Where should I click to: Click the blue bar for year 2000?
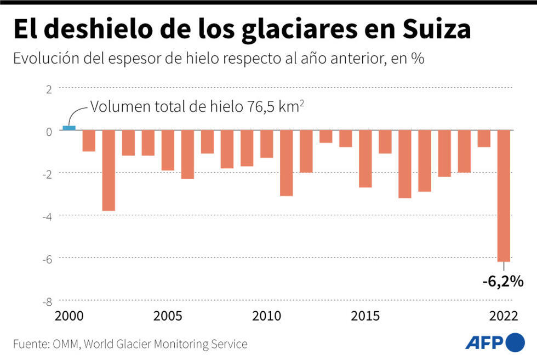click(69, 128)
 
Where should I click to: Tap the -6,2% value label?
click(502, 282)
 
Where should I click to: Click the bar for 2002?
click(108, 170)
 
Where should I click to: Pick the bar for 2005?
click(168, 150)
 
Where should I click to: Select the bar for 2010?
click(266, 144)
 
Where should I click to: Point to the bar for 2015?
click(365, 159)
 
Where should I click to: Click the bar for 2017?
click(404, 164)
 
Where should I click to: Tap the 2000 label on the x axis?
click(69, 317)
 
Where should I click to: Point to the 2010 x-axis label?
click(266, 317)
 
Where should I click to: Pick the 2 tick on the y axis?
click(49, 88)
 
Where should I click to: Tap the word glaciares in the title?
click(290, 30)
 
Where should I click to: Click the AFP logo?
click(495, 343)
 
